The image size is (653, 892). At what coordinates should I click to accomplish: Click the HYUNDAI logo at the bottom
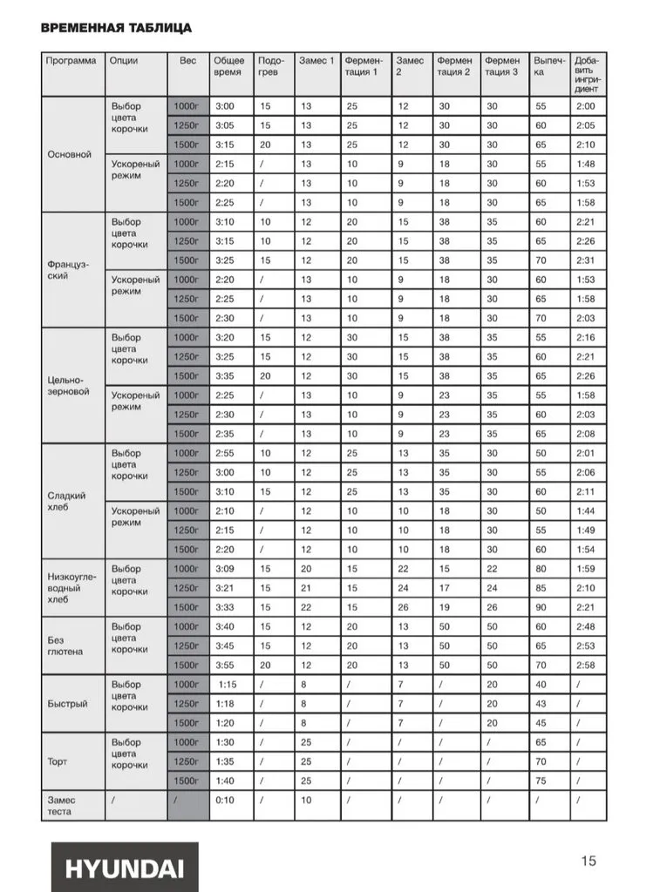tap(123, 868)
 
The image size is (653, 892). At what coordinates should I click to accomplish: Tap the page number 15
tap(589, 861)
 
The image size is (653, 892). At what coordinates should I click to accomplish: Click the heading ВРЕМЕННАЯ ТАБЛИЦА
tap(116, 28)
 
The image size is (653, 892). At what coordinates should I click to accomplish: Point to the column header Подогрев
tap(271, 66)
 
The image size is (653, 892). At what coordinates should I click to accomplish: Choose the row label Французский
tap(69, 267)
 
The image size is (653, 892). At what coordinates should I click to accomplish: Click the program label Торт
tap(58, 761)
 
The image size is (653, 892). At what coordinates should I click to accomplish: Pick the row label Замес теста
tap(62, 806)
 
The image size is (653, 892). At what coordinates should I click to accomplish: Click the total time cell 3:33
tap(226, 606)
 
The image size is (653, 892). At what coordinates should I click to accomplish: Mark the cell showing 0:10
tap(224, 800)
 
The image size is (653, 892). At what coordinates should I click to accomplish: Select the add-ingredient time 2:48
tap(585, 626)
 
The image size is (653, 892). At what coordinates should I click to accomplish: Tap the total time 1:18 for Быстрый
tap(227, 703)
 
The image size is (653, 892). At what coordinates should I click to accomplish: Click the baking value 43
tap(541, 703)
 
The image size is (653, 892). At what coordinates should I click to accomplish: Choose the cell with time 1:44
tap(585, 510)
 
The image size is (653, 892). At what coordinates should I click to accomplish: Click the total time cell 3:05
tap(225, 125)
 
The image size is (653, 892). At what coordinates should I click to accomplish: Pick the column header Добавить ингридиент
tap(588, 74)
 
